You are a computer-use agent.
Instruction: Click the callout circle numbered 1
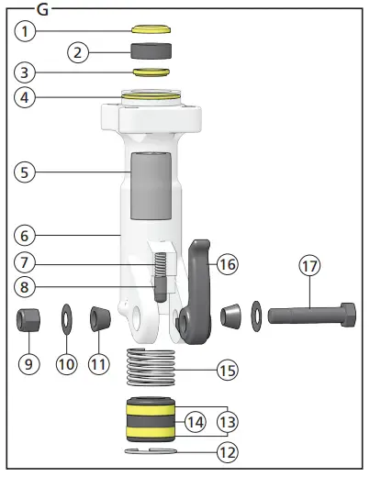[28, 31]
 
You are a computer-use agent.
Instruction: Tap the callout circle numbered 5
[28, 171]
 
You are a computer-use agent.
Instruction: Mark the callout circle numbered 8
[28, 286]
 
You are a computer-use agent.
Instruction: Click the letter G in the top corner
[43, 8]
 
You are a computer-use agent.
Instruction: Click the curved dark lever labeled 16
[198, 284]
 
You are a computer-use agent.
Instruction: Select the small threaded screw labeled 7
[159, 272]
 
